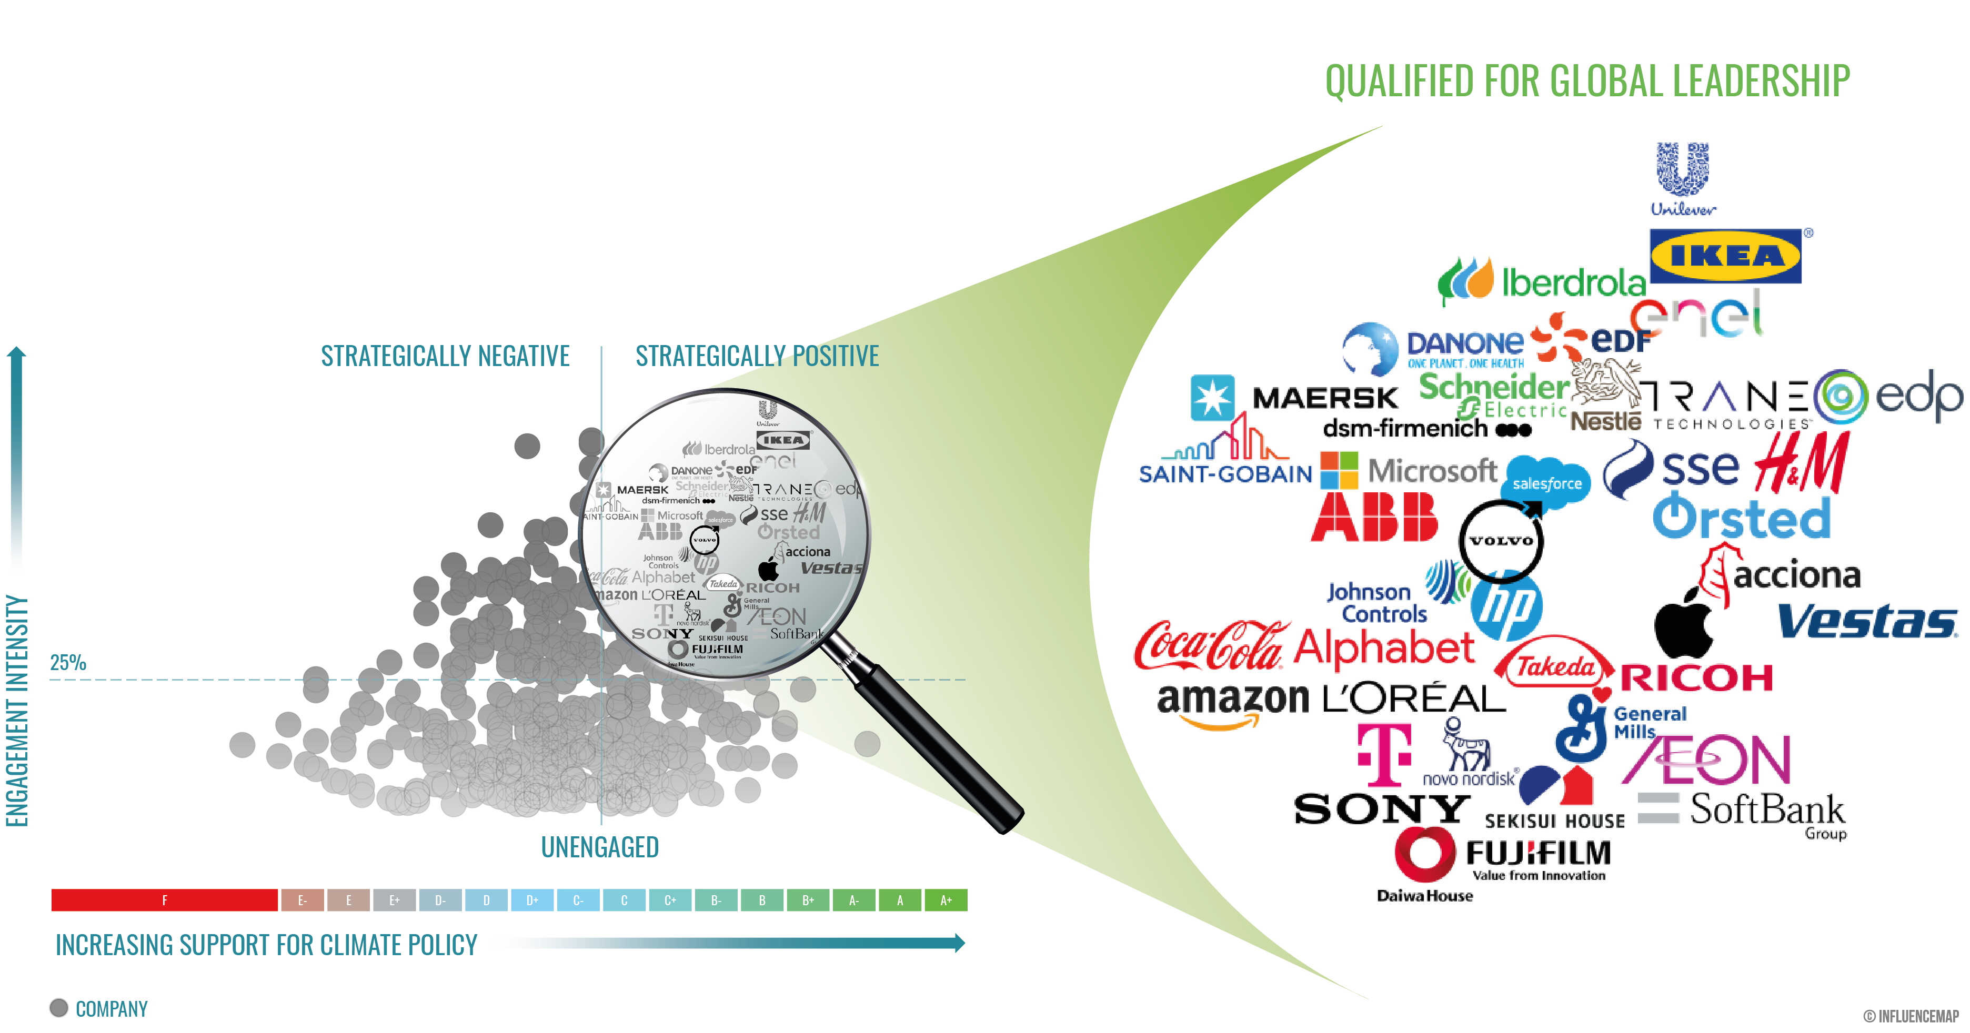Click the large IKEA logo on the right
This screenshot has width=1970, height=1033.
[x=1725, y=256]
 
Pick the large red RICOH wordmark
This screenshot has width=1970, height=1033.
[x=1697, y=678]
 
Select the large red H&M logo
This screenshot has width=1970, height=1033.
[x=1803, y=463]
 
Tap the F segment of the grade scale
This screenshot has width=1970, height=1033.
[x=164, y=900]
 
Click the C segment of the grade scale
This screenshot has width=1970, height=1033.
[x=624, y=900]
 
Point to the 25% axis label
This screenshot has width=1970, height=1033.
[x=68, y=662]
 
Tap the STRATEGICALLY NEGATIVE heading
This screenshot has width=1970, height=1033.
[x=445, y=356]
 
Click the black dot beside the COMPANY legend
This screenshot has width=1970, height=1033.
[x=59, y=1008]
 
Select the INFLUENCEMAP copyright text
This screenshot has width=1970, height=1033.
[x=1911, y=1016]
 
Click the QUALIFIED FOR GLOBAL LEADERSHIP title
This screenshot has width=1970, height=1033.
[x=1587, y=81]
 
